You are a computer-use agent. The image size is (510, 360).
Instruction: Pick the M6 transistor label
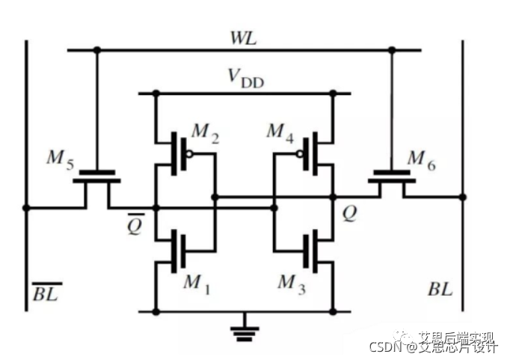point(424,159)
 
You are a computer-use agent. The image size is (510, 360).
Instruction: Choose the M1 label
point(197,282)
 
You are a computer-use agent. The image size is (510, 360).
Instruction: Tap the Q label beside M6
point(349,215)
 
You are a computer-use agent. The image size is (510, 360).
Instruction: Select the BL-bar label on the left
point(46,290)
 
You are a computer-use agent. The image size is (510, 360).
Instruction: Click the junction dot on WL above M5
point(96,50)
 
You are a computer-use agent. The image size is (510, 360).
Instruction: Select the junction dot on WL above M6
point(391,50)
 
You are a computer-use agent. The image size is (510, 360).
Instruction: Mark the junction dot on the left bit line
point(26,207)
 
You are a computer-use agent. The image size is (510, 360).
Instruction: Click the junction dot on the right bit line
point(463,197)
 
